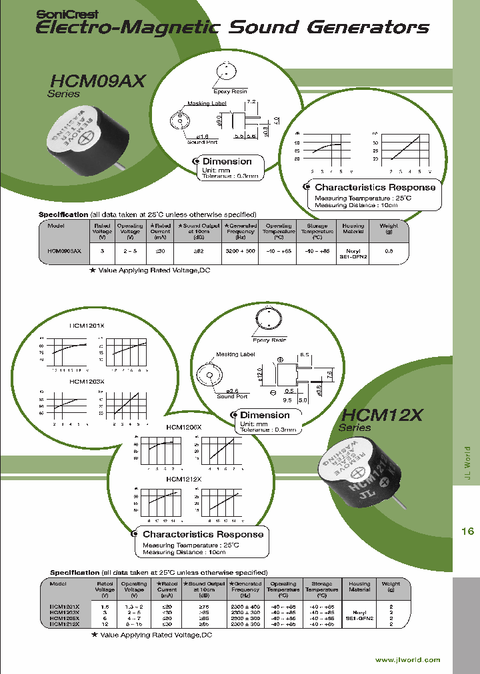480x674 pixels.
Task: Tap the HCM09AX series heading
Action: (x=97, y=81)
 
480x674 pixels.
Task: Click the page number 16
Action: (x=467, y=512)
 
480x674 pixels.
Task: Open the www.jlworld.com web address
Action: (x=407, y=659)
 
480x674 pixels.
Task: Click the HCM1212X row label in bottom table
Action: (x=65, y=625)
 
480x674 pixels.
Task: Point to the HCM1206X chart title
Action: (x=183, y=426)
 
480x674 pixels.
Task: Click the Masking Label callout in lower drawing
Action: (x=235, y=354)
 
